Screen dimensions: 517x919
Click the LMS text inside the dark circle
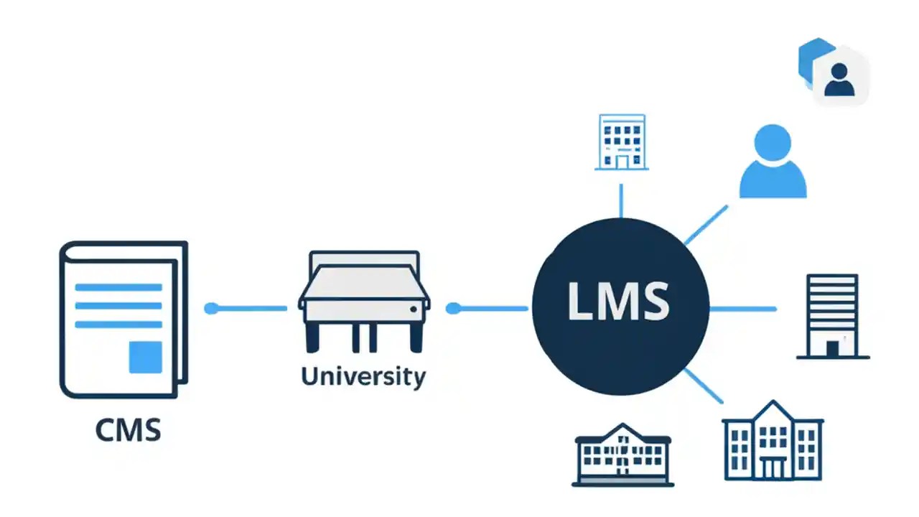pyautogui.click(x=619, y=301)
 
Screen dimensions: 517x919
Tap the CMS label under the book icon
pyautogui.click(x=128, y=430)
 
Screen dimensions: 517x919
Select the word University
pyautogui.click(x=363, y=376)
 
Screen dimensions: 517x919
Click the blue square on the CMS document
pyautogui.click(x=145, y=357)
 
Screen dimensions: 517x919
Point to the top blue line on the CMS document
pyautogui.click(x=118, y=287)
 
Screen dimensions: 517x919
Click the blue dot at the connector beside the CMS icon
pyautogui.click(x=211, y=309)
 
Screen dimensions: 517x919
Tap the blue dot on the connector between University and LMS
pyautogui.click(x=452, y=309)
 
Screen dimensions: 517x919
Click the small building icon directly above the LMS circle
pyautogui.click(x=621, y=141)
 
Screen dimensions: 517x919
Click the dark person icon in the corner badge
pyautogui.click(x=839, y=79)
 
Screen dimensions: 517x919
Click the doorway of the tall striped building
pyautogui.click(x=832, y=348)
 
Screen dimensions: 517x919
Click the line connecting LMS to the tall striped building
pyautogui.click(x=742, y=309)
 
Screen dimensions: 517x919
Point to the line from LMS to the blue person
pyautogui.click(x=706, y=225)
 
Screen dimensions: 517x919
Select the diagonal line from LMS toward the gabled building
pyautogui.click(x=704, y=386)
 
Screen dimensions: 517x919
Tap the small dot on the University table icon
pyautogui.click(x=414, y=309)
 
